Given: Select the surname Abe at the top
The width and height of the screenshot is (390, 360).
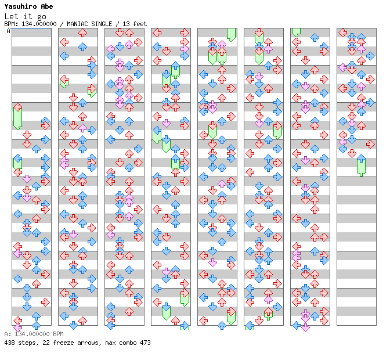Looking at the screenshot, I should tap(46, 6).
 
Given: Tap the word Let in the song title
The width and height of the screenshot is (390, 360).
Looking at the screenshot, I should tap(11, 16).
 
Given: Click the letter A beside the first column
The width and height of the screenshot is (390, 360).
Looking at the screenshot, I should tap(9, 31).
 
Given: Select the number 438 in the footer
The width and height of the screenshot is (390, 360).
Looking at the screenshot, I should tap(9, 343).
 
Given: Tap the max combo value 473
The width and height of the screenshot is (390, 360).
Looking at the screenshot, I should tap(145, 343).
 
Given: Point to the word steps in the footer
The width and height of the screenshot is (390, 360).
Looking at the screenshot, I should tap(27, 343).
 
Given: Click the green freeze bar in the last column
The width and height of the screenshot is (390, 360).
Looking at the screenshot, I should tap(361, 166).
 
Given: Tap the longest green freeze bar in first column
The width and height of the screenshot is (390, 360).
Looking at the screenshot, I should tap(18, 117).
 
